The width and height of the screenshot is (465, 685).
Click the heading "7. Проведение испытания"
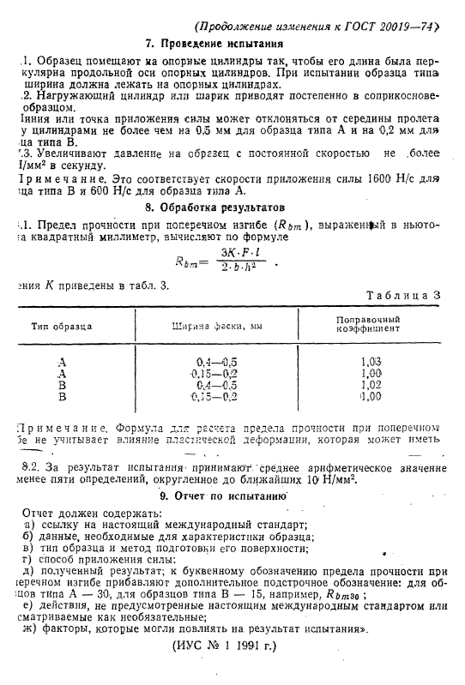[226, 43]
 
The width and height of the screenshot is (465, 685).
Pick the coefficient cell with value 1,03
[371, 362]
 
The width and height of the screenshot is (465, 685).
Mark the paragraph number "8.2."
[32, 467]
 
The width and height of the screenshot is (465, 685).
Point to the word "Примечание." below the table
[53, 426]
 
